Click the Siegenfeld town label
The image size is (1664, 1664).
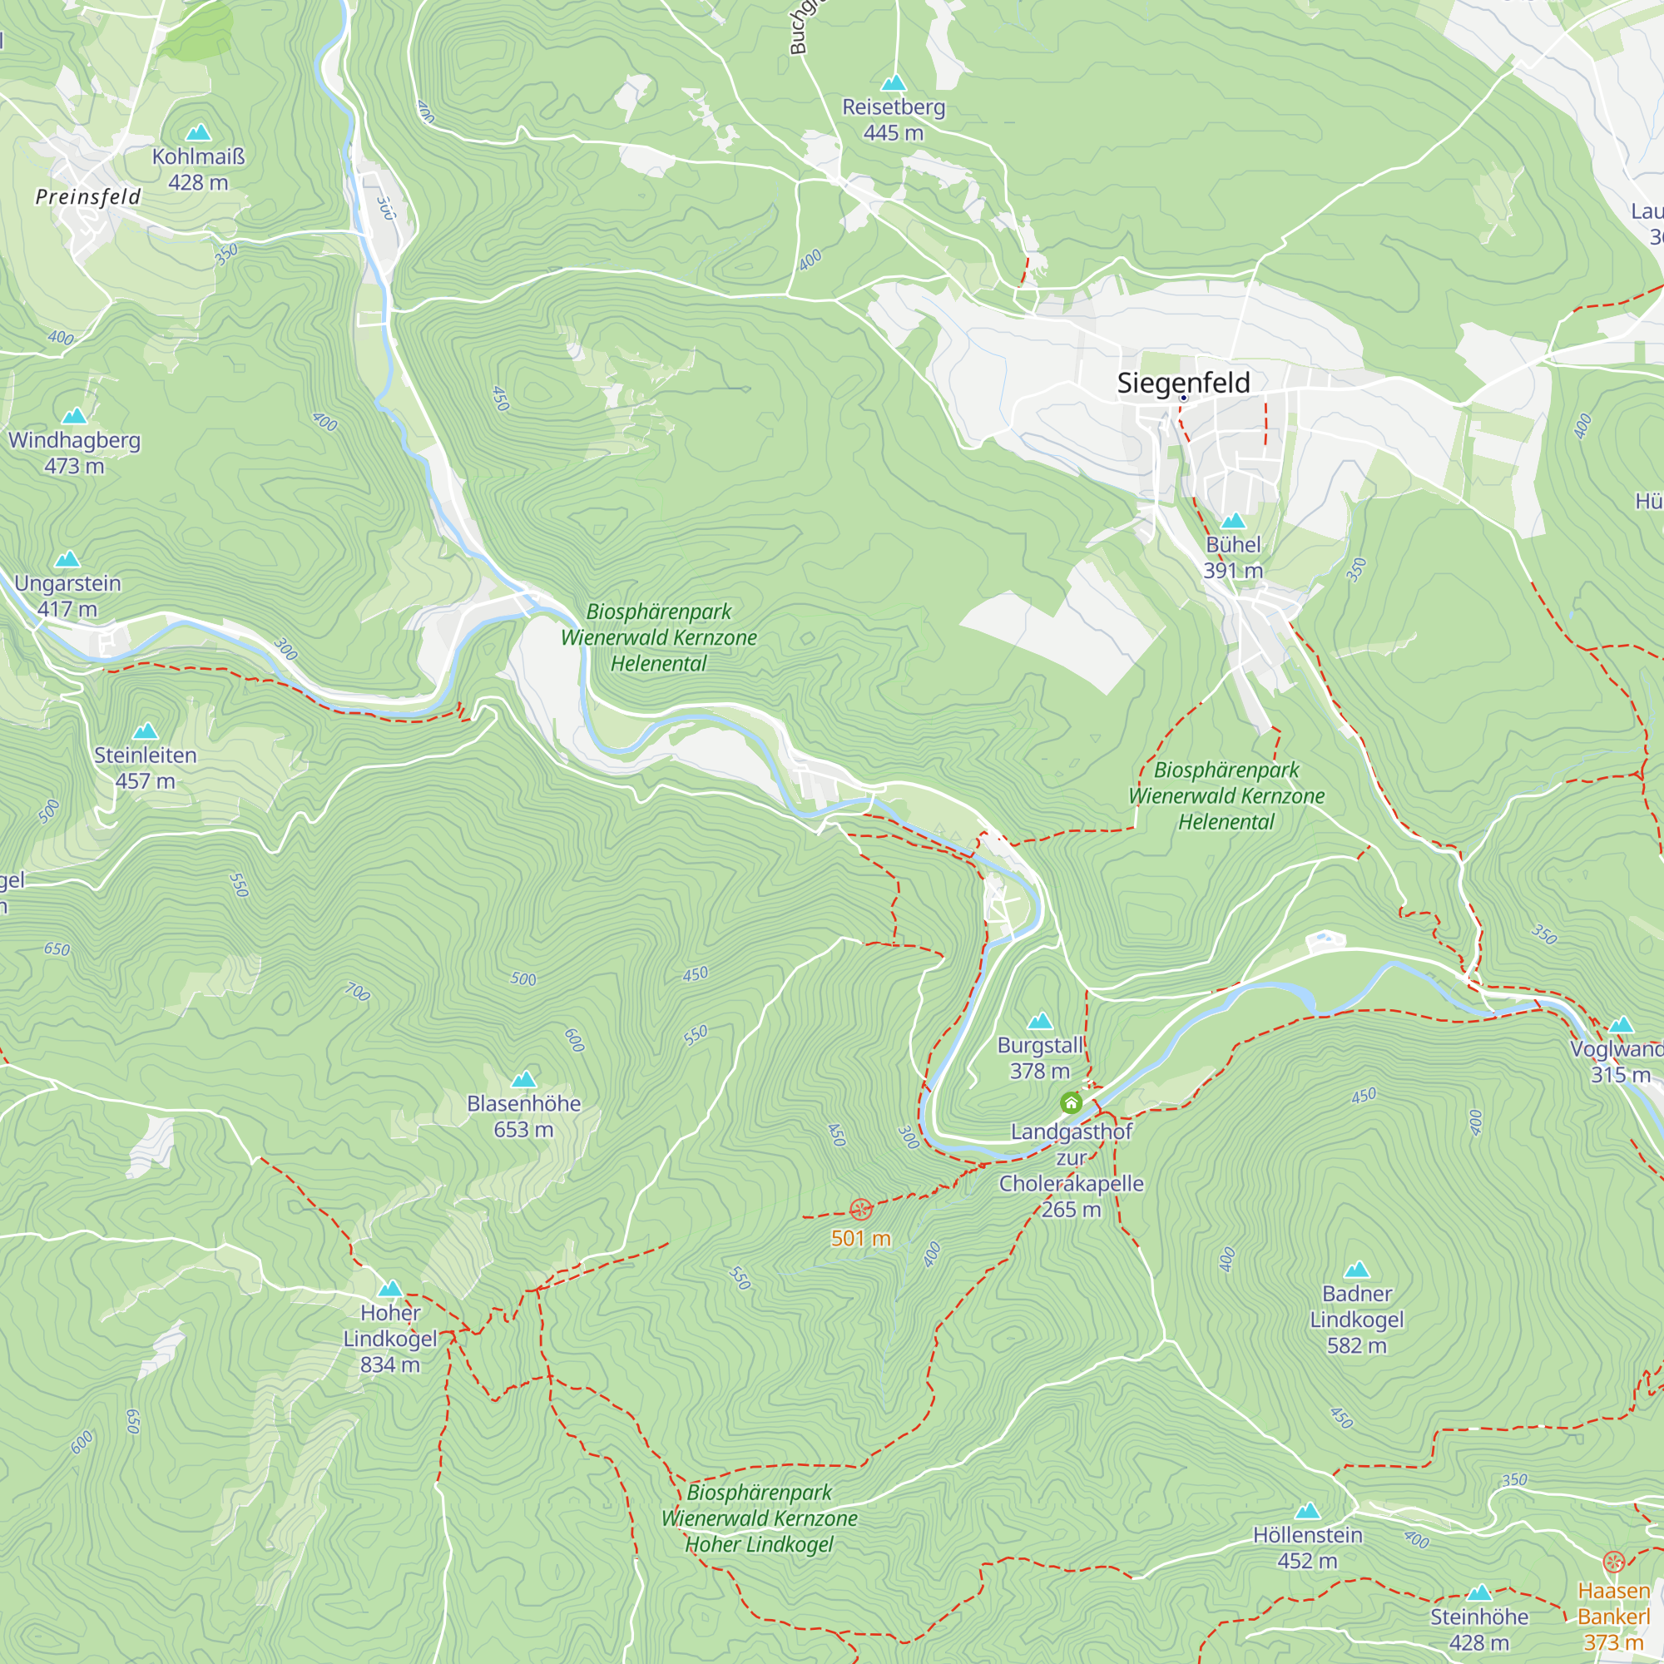pos(1182,383)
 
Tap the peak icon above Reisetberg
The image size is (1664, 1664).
pos(894,83)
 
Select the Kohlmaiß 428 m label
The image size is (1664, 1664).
pos(198,170)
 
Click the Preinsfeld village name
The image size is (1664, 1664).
pos(88,197)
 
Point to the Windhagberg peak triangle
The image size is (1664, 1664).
pos(75,416)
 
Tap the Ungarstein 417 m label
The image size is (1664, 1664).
pos(67,596)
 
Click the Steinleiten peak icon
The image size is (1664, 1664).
pos(146,731)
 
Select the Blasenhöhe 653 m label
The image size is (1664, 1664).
pos(523,1117)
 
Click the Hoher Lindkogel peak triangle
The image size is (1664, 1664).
pos(390,1289)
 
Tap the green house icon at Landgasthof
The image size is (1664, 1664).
pos(1071,1102)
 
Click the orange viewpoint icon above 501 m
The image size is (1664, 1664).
pos(860,1209)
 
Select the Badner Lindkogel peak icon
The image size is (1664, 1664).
pos(1356,1270)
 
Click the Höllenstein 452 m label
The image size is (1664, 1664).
pos(1307,1548)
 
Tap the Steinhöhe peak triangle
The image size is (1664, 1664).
pos(1478,1592)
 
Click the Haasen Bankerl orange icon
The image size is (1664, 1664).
pos(1613,1562)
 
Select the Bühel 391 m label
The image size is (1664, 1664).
pos(1232,557)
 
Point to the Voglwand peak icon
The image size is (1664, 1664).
pos(1621,1025)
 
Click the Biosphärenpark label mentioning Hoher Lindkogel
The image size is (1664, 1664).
pos(759,1518)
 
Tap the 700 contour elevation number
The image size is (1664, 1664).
pos(358,993)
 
